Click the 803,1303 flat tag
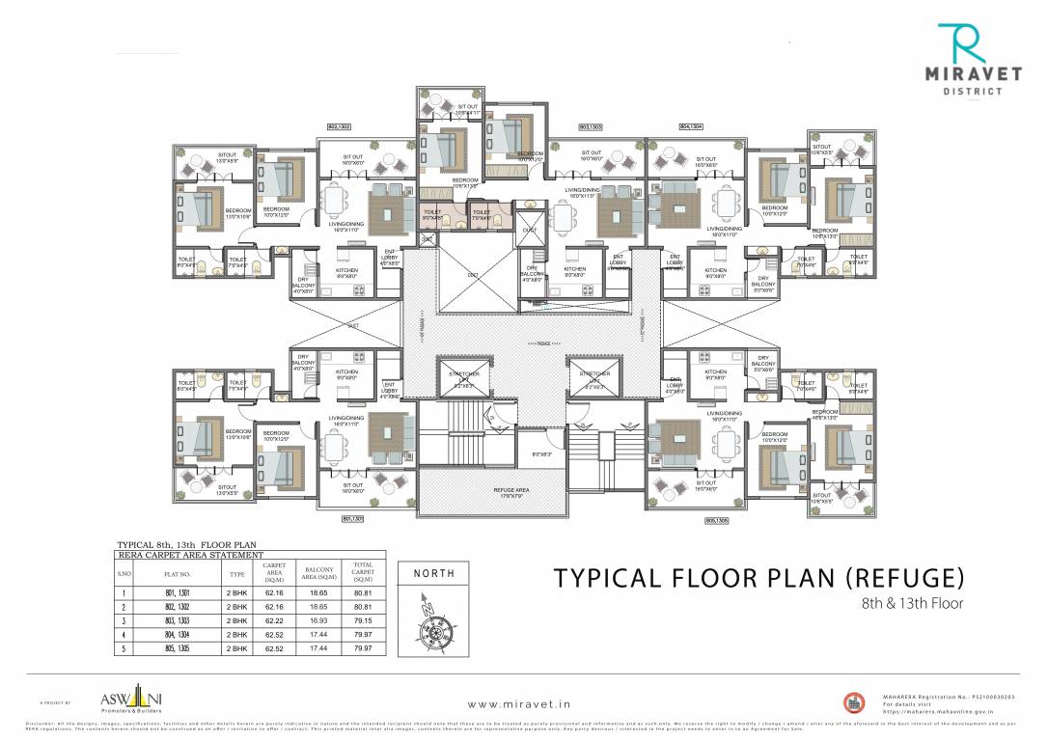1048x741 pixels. pos(591,126)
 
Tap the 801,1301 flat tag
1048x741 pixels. pos(353,519)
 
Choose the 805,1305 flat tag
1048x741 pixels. pos(718,519)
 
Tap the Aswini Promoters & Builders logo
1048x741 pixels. pos(123,699)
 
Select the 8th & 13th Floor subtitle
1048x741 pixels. pos(912,604)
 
